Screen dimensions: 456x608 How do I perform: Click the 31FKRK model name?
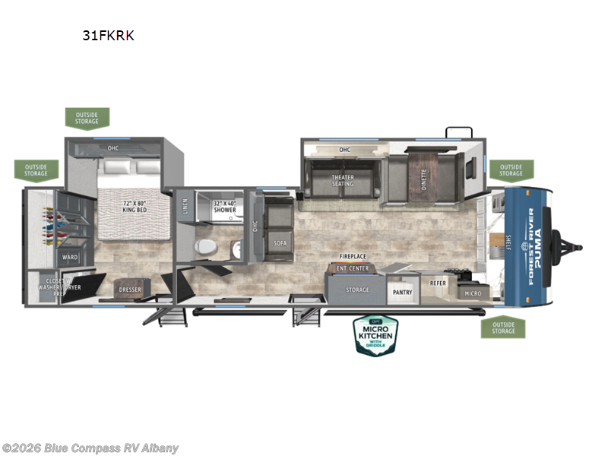click(x=109, y=35)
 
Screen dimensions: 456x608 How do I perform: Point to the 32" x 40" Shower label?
click(x=224, y=207)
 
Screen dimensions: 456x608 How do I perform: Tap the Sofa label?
click(x=279, y=242)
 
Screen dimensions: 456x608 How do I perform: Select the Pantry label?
click(x=402, y=292)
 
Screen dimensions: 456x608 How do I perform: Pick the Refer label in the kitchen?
click(x=439, y=283)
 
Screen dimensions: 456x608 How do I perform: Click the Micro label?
click(x=473, y=293)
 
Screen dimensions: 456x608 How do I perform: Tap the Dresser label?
click(x=130, y=290)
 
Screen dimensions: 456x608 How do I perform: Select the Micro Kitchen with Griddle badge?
click(x=374, y=335)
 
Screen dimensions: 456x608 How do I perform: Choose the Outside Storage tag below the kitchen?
click(x=502, y=327)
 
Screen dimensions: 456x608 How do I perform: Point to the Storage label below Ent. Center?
click(x=357, y=290)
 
